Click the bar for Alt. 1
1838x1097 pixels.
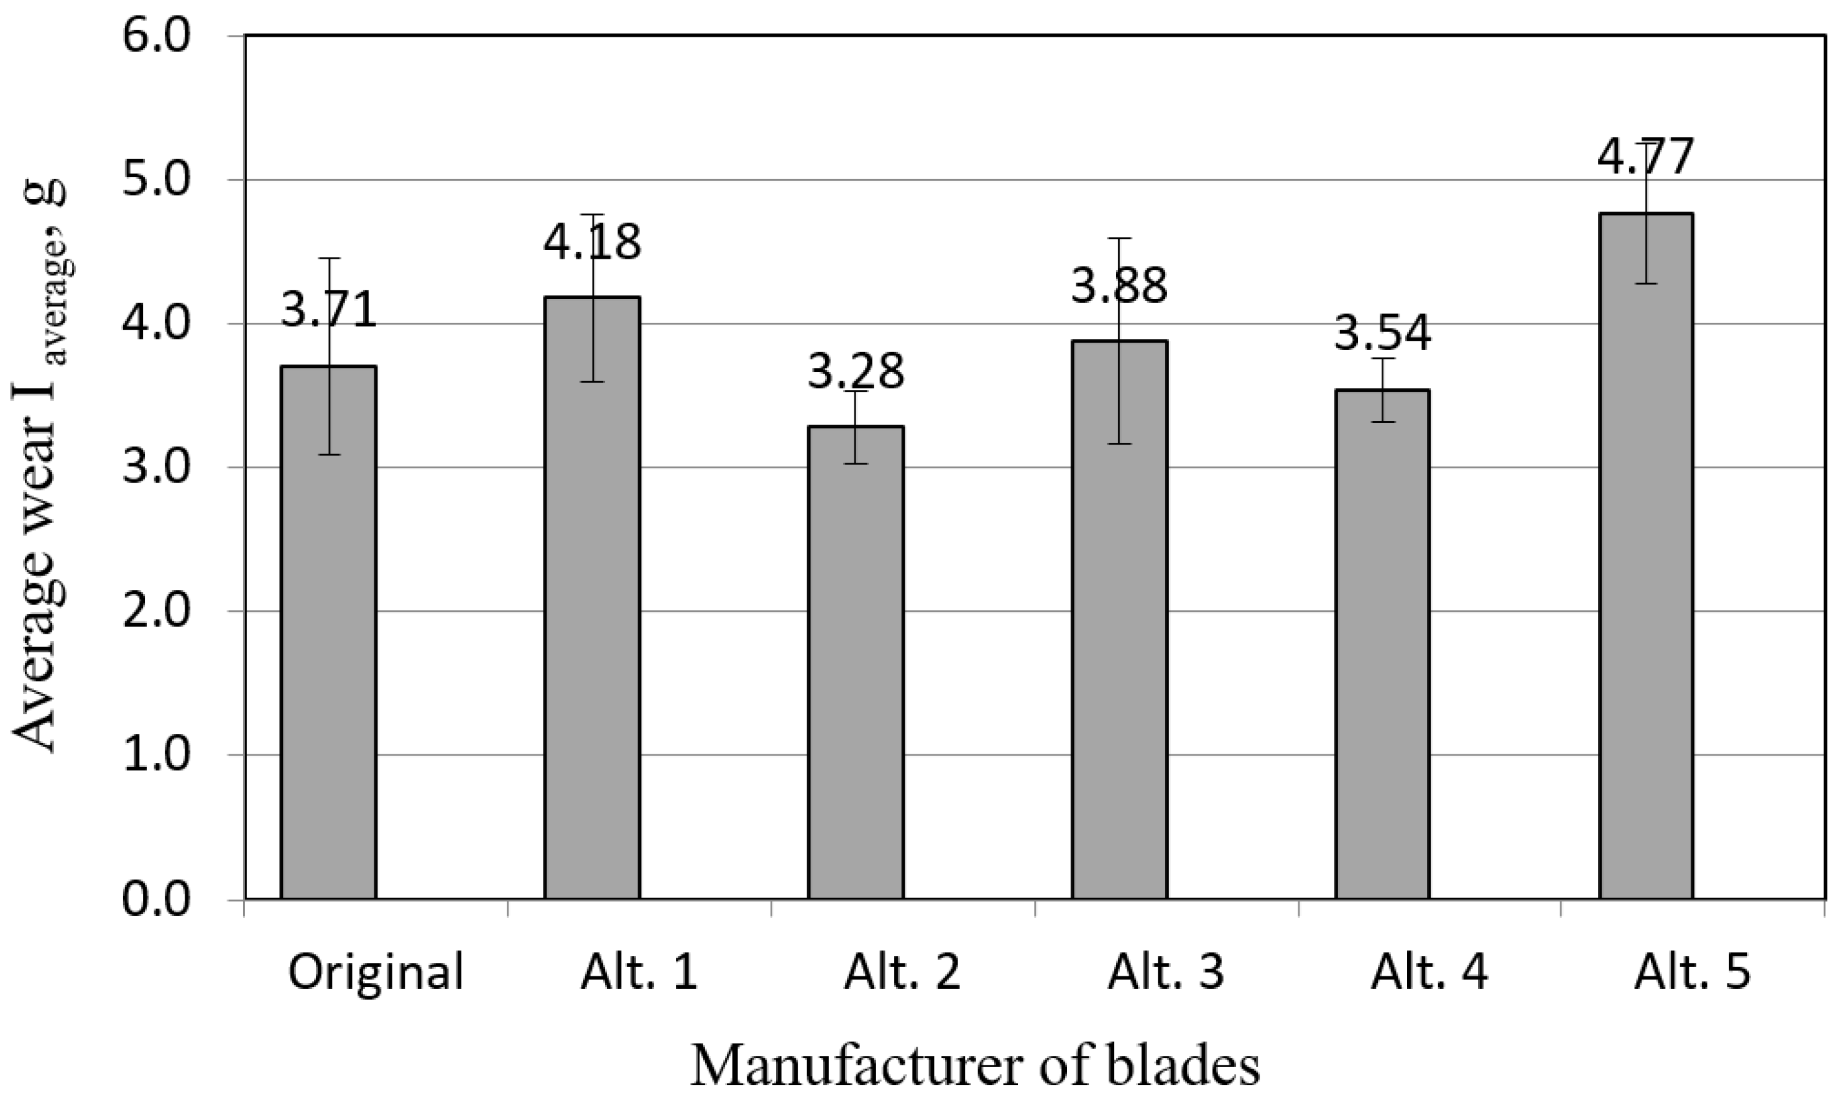[592, 598]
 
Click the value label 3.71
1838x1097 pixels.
[329, 310]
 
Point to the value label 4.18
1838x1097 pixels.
[592, 243]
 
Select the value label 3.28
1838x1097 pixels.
[855, 371]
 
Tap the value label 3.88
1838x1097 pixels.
[1119, 285]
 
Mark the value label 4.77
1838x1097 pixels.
[1645, 157]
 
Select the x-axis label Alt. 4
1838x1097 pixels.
[1429, 972]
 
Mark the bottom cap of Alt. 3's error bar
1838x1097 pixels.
[1119, 443]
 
